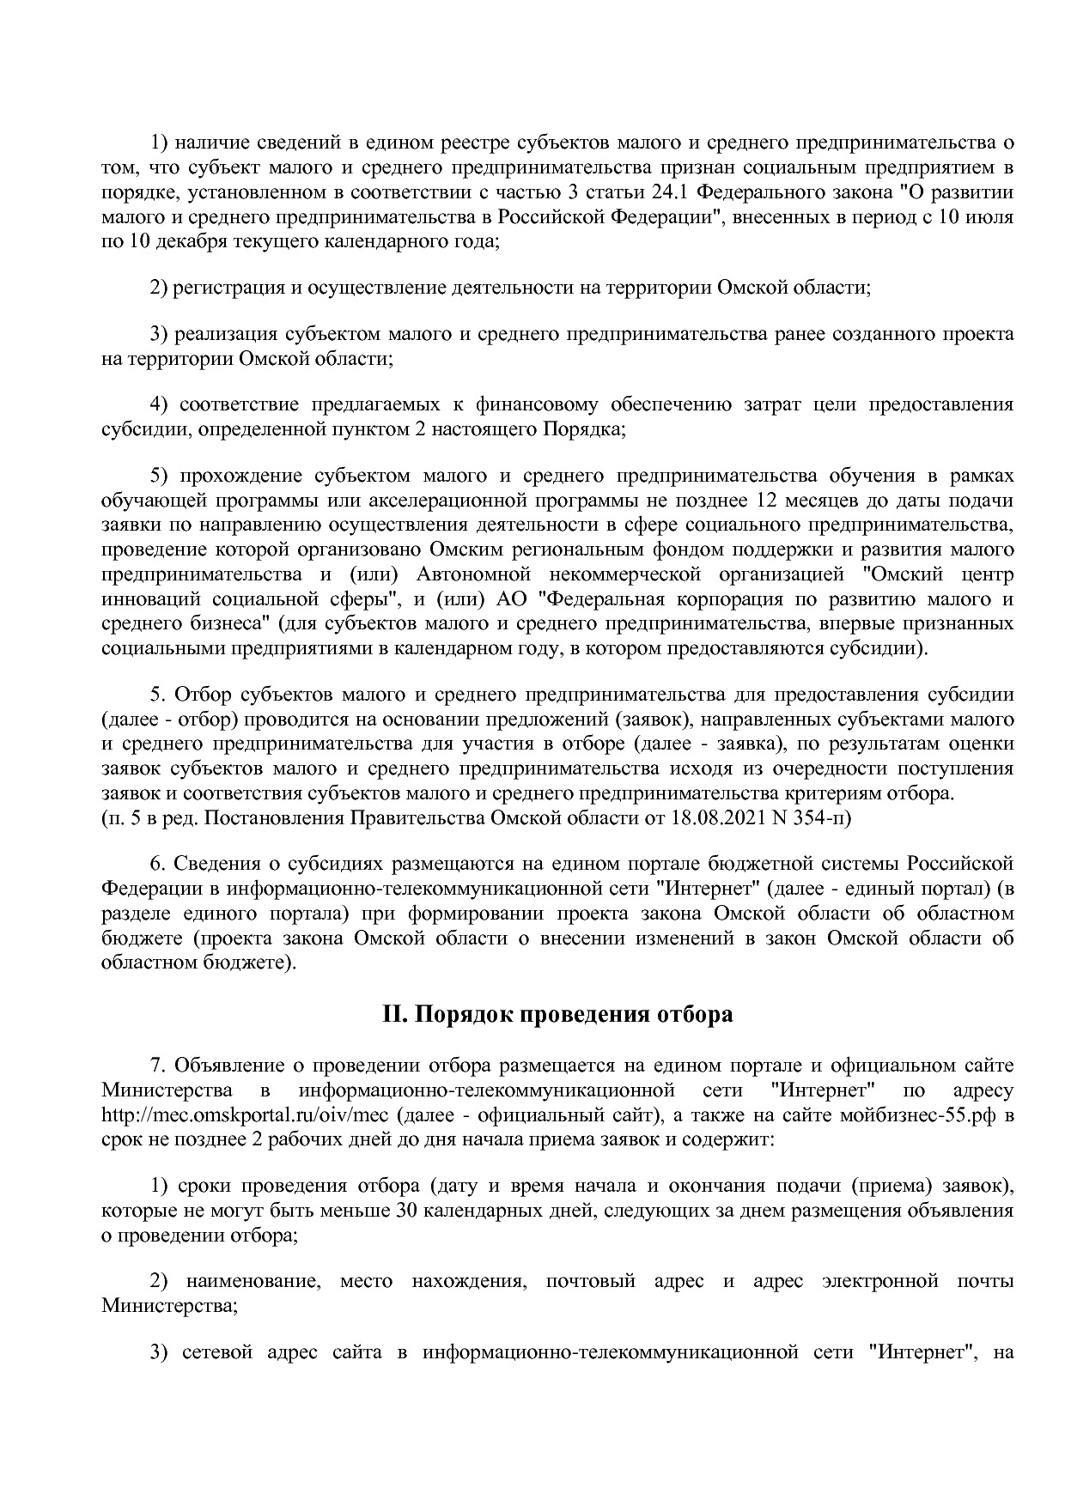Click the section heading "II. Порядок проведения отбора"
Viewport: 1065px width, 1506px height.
click(557, 1015)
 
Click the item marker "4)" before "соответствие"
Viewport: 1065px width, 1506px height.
click(159, 404)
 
